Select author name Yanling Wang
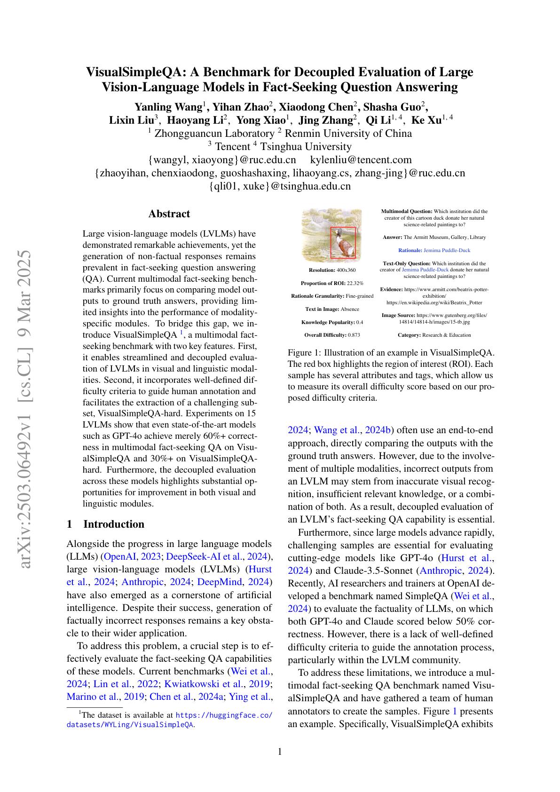click(168, 106)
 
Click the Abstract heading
click(169, 214)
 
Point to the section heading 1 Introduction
click(105, 524)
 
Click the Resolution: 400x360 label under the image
click(332, 270)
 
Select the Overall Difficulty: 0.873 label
click(332, 335)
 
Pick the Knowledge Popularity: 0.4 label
click(332, 322)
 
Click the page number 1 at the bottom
click(280, 752)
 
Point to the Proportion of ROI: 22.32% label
click(332, 283)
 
